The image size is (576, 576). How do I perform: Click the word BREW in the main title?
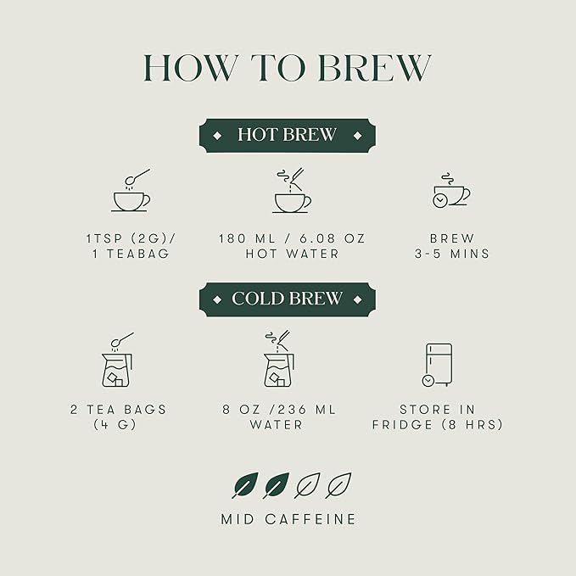375,68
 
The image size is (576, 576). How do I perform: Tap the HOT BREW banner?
288,135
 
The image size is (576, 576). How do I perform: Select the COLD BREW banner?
288,299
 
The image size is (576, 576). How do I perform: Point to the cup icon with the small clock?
451,190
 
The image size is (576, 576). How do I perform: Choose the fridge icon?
437,365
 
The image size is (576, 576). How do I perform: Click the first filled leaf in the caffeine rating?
245,485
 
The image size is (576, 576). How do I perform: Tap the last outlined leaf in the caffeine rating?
338,485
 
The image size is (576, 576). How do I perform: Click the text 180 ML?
247,238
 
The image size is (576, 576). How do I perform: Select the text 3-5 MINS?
452,254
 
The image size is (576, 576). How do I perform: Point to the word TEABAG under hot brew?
138,254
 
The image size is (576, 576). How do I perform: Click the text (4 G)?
115,425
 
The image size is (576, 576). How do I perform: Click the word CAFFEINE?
310,519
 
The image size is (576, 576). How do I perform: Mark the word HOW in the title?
188,68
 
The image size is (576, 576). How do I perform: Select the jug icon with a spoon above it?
117,360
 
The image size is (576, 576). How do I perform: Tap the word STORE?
425,410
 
